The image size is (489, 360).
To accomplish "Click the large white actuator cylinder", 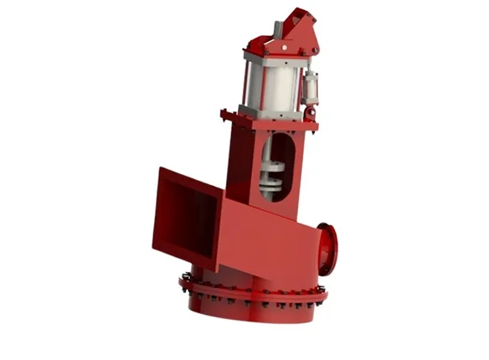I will tap(272, 84).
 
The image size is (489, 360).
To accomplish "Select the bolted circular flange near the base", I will tap(251, 290).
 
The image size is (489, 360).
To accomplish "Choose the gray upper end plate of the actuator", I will tap(272, 58).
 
